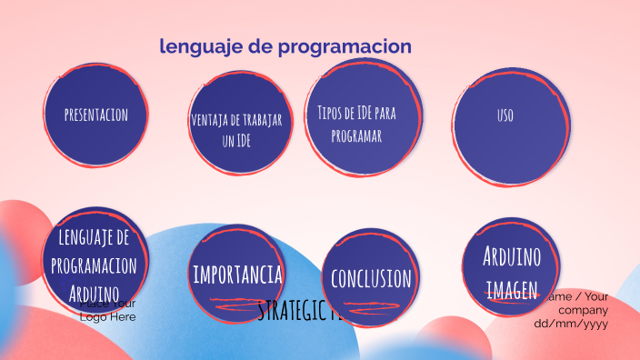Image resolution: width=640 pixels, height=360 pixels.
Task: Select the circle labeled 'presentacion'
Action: pos(95,115)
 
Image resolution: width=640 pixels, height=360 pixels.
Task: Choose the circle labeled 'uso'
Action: pos(505,115)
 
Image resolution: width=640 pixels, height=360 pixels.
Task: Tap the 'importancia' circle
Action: pos(236,274)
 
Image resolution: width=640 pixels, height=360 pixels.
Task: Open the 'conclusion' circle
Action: pos(371,277)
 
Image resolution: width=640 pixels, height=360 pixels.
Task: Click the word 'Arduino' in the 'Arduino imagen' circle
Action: pos(512,256)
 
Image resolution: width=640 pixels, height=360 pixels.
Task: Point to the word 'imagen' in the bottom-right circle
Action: pos(512,289)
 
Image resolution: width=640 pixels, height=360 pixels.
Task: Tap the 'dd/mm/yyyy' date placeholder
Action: pos(571,323)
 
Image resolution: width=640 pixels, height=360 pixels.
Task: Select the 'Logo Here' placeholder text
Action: pos(108,316)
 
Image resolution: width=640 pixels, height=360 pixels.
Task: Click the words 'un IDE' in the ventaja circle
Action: pos(236,141)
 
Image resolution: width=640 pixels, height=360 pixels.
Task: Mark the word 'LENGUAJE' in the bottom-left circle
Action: pos(94,237)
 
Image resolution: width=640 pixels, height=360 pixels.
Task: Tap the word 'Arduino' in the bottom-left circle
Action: pos(94,293)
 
